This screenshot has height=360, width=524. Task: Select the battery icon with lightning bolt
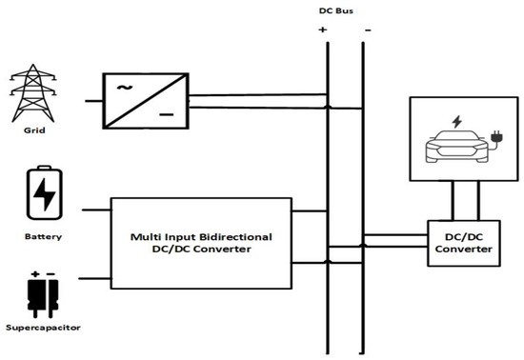pyautogui.click(x=44, y=194)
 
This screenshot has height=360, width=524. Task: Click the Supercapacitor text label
pyautogui.click(x=43, y=328)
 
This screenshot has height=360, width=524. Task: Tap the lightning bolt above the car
pyautogui.click(x=456, y=122)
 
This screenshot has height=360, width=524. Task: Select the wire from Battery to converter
pyautogui.click(x=97, y=208)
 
